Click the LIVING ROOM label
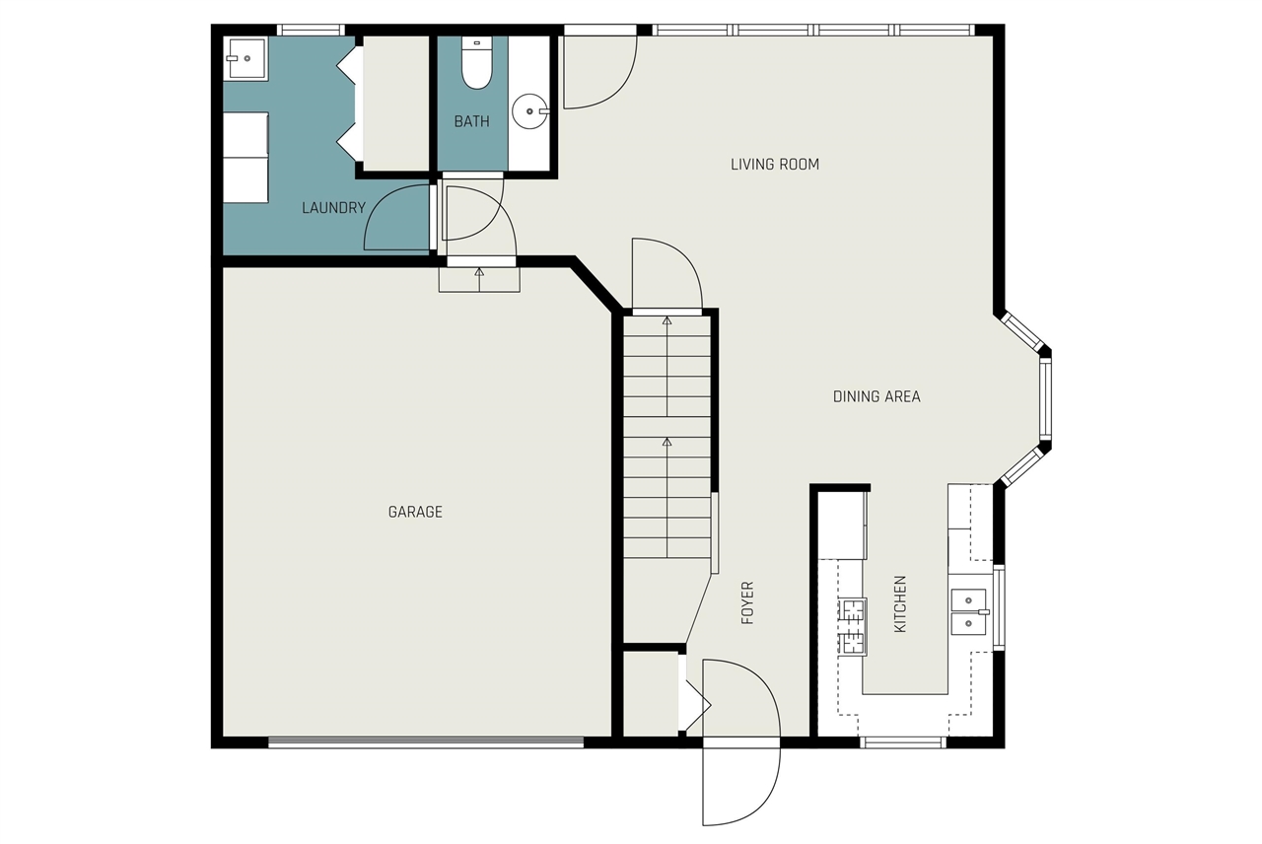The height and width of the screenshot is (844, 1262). tap(774, 165)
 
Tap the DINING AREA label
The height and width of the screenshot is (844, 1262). tap(876, 396)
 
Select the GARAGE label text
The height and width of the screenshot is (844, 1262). tap(415, 512)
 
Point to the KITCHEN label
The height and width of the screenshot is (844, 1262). tap(899, 604)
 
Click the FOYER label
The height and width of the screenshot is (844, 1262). tap(747, 603)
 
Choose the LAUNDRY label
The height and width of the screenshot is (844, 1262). tap(333, 208)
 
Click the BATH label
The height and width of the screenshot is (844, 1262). tap(471, 121)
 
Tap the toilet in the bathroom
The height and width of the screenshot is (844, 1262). tap(476, 64)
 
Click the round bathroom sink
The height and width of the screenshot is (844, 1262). tap(530, 110)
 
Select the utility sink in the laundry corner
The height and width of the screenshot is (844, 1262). tap(245, 58)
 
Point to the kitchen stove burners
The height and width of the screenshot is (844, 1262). tap(852, 626)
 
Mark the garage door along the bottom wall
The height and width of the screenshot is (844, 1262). tap(426, 742)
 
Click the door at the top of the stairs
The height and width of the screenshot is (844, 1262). tap(666, 276)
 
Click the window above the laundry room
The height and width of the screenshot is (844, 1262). tap(310, 30)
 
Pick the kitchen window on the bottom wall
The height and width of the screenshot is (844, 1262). tap(903, 742)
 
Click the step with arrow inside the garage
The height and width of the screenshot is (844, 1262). tap(479, 279)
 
